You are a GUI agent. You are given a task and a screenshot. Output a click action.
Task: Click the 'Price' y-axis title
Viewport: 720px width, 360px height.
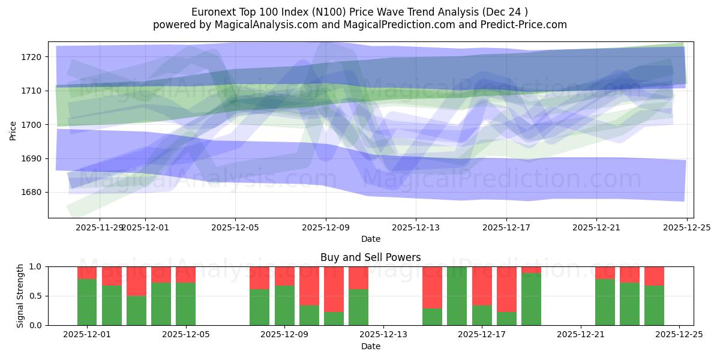pos(13,130)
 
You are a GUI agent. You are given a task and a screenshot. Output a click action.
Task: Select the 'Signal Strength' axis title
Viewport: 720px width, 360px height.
pos(20,296)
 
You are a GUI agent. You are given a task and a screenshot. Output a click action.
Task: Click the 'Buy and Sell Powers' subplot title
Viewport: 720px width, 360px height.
pos(370,257)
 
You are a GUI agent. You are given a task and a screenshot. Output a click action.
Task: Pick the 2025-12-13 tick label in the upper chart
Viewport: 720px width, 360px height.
pos(416,228)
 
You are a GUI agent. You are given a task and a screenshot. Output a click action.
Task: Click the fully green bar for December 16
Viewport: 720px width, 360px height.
pos(457,296)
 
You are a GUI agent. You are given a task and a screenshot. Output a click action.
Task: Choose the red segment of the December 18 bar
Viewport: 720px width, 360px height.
pos(506,289)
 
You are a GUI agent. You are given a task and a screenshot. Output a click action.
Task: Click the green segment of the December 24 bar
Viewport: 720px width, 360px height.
pos(654,305)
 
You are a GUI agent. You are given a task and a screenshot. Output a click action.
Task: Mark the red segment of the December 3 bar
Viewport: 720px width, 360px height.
pos(136,281)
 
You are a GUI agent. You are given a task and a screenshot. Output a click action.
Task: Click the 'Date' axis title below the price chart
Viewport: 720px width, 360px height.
pos(370,239)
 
